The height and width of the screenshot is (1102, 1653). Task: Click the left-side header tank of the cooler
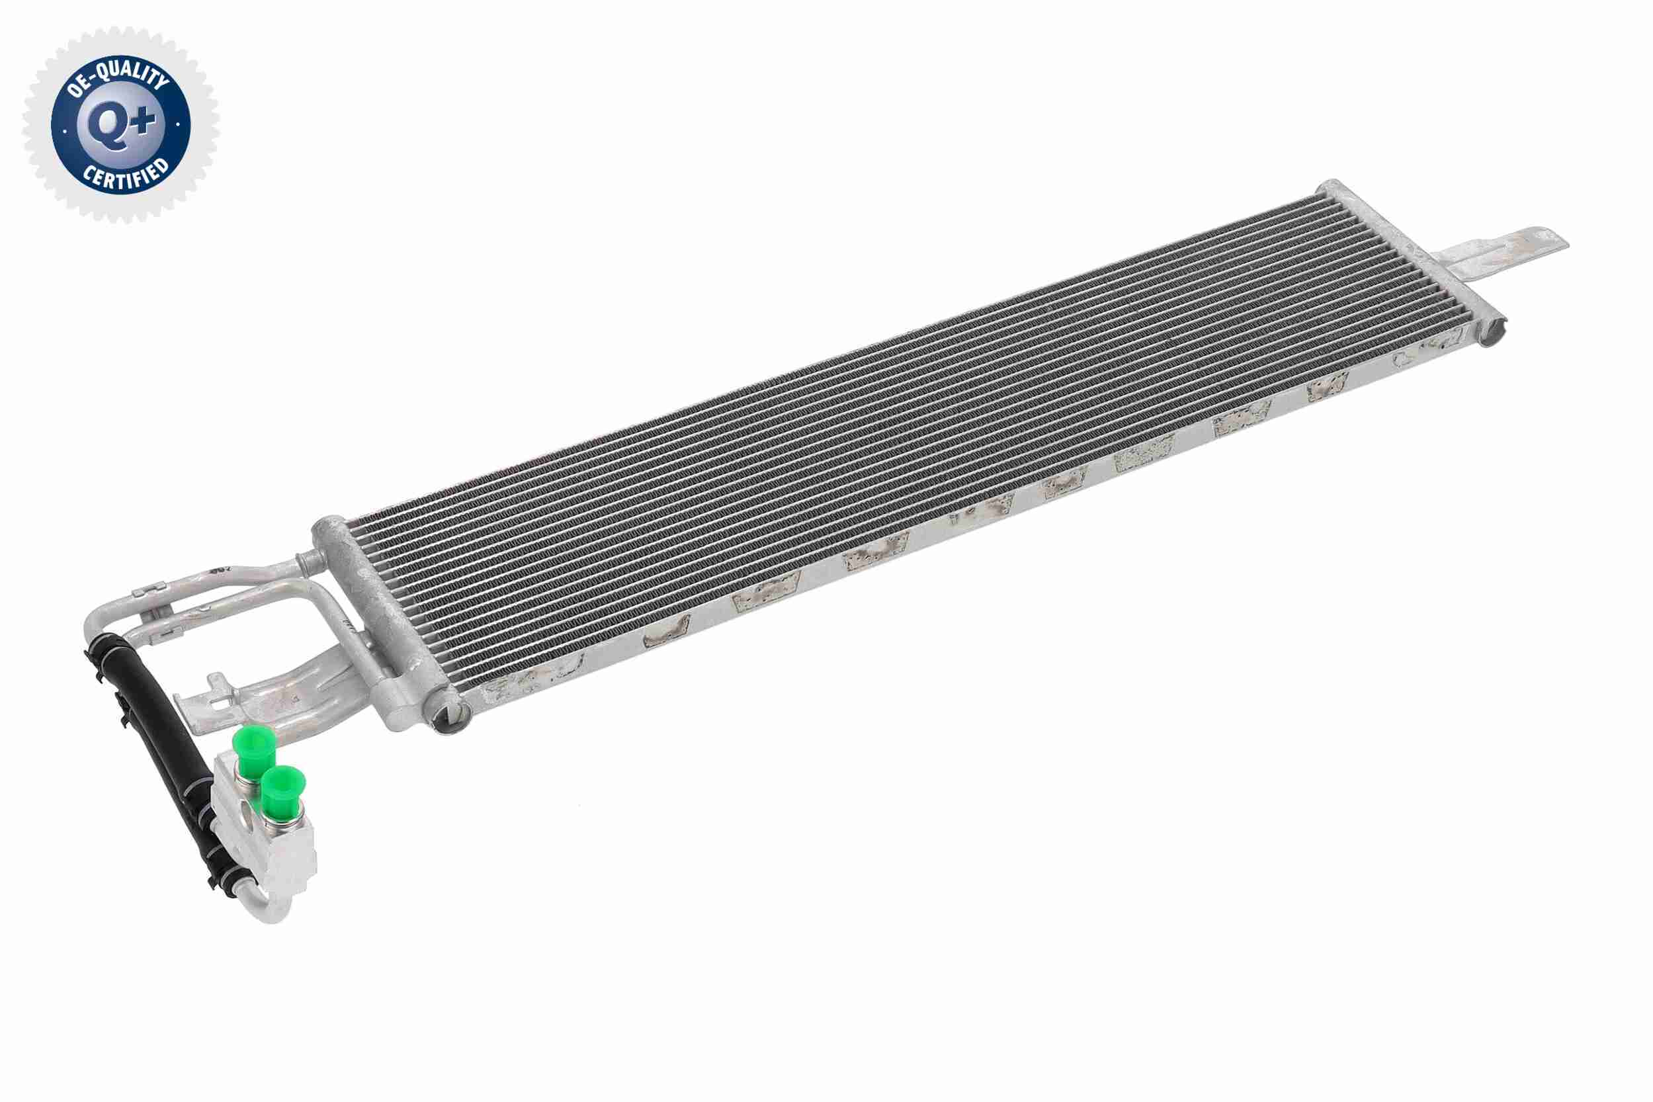pos(380,618)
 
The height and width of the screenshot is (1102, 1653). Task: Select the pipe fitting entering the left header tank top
pos(310,562)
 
